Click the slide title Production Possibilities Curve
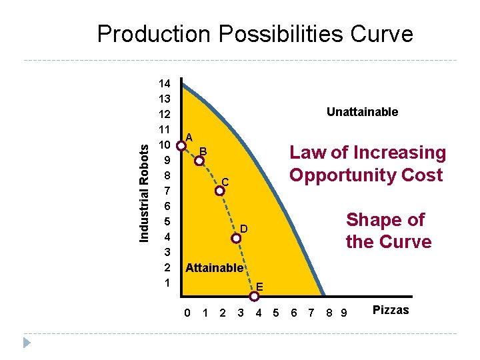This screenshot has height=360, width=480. [x=255, y=34]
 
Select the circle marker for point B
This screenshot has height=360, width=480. [x=199, y=161]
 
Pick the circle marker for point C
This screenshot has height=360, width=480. [x=220, y=191]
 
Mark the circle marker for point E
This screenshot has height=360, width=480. [x=254, y=296]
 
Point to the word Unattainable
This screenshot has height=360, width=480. [x=362, y=112]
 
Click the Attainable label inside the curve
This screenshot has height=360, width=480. [x=214, y=268]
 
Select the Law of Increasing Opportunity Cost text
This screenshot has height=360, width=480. [x=367, y=164]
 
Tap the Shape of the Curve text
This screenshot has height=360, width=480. [x=388, y=231]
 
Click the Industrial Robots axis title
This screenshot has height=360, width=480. [x=144, y=185]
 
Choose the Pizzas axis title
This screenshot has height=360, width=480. [x=391, y=310]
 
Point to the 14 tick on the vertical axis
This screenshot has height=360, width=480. [x=164, y=84]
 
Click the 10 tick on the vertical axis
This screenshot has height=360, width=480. [x=164, y=145]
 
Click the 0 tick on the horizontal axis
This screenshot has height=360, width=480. [x=187, y=312]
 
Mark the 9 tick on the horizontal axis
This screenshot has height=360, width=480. [x=343, y=312]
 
